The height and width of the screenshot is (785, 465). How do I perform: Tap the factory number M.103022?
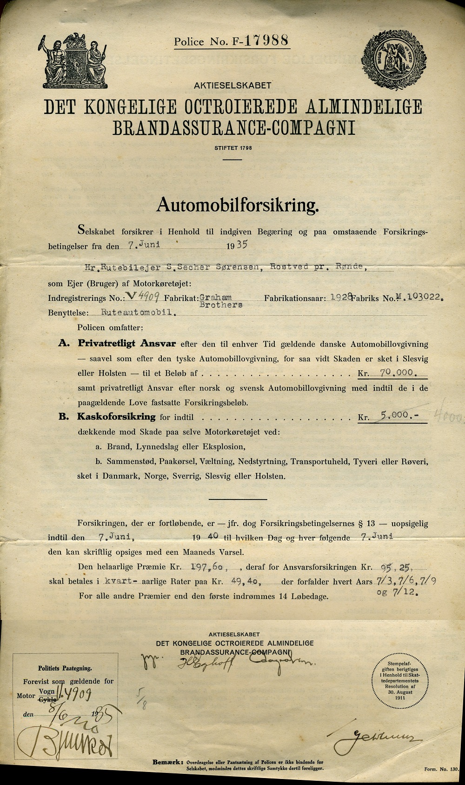pyautogui.click(x=417, y=297)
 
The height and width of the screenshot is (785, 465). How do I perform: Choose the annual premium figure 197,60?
pyautogui.click(x=209, y=567)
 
